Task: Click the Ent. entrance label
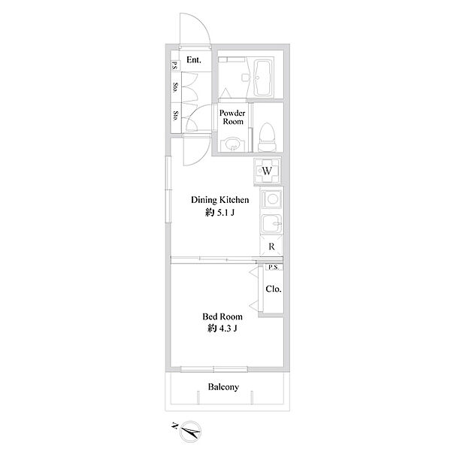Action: [x=194, y=60]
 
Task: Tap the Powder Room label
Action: [x=232, y=117]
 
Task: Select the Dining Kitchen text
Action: [x=220, y=200]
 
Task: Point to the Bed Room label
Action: [x=222, y=316]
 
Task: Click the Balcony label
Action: [x=223, y=387]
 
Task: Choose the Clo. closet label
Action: [x=274, y=289]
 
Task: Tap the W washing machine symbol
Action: [x=267, y=171]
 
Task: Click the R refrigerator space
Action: [x=271, y=247]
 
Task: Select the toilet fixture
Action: [x=267, y=138]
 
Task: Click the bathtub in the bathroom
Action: [x=263, y=78]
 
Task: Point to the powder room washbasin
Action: [x=232, y=144]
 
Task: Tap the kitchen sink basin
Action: [x=271, y=223]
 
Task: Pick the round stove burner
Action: [x=271, y=198]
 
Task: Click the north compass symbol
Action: [x=190, y=431]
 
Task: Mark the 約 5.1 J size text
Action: [x=220, y=213]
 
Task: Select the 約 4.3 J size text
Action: [x=222, y=328]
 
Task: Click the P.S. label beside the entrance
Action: [x=174, y=65]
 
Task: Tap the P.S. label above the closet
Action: [x=274, y=267]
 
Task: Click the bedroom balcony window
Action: [x=213, y=369]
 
